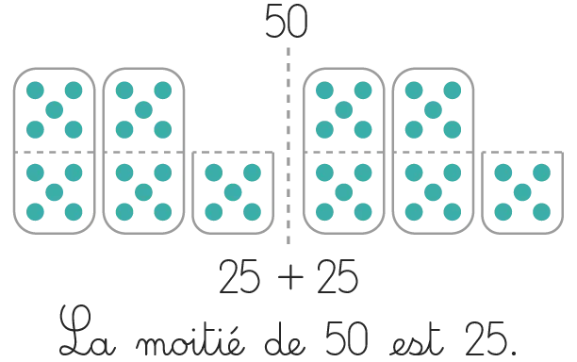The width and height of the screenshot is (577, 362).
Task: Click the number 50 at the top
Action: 287,22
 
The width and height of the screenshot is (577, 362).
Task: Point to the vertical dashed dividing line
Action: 288,146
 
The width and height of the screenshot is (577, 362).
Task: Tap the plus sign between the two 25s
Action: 290,277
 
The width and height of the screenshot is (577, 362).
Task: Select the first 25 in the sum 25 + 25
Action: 239,276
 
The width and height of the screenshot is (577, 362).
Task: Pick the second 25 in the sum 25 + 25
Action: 338,276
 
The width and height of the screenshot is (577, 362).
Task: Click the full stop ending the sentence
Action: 514,353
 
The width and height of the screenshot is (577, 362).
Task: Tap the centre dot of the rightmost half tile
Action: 522,192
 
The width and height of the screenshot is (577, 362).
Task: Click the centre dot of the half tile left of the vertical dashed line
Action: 233,192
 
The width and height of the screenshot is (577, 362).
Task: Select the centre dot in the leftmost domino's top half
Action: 55,110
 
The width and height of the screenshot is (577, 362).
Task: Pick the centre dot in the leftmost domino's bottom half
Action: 55,192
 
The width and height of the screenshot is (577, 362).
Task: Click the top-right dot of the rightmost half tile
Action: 542,173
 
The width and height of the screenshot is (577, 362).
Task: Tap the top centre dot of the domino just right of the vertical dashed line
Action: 344,110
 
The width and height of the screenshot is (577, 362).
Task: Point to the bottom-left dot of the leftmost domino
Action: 35,212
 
